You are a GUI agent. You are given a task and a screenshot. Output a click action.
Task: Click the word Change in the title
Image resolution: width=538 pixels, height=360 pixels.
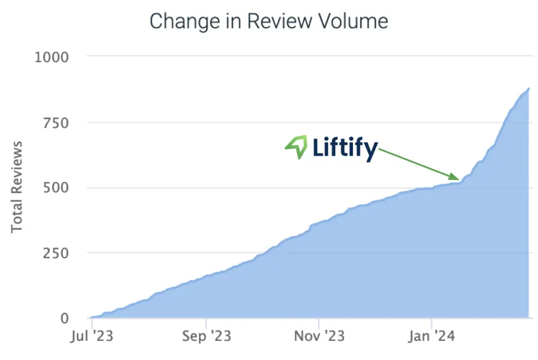tap(184, 22)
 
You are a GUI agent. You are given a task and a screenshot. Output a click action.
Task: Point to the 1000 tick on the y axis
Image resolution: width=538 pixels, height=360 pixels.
tap(52, 57)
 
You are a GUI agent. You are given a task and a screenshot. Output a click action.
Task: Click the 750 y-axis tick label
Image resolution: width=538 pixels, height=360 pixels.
tap(55, 123)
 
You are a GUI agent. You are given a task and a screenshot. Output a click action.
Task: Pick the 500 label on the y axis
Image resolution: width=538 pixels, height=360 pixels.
tap(55, 187)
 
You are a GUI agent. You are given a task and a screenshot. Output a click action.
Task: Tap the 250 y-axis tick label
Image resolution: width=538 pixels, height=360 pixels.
tap(55, 253)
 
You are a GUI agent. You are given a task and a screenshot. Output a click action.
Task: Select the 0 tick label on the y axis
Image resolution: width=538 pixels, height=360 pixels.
tap(65, 318)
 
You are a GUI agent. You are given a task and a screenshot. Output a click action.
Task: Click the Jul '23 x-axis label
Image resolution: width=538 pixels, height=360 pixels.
tap(92, 336)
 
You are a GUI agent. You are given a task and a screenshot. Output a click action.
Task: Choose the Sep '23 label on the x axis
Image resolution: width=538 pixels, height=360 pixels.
tap(206, 336)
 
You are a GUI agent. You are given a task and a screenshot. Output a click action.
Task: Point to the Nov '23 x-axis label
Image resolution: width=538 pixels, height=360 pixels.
tap(319, 336)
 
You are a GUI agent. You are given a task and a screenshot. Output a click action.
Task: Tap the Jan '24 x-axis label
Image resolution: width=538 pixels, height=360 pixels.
tap(432, 336)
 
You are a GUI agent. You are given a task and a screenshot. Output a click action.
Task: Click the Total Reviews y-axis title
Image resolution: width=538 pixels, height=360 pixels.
tap(17, 187)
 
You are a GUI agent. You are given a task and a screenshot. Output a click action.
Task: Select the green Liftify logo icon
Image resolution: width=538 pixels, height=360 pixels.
tap(296, 147)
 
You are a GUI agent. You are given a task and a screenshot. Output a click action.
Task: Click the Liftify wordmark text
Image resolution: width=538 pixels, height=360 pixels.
tap(345, 148)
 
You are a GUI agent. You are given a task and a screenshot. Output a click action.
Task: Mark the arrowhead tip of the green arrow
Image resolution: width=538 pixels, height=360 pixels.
tap(459, 179)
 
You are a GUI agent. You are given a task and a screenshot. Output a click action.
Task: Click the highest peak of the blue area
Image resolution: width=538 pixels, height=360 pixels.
tap(529, 88)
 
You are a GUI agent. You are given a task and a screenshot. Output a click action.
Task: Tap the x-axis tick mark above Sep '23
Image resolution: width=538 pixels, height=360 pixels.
tap(206, 323)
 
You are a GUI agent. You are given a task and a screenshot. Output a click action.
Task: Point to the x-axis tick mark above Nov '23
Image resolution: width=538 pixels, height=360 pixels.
tap(318, 323)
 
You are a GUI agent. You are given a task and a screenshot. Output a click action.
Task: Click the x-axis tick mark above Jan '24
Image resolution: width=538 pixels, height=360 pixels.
tap(432, 323)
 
